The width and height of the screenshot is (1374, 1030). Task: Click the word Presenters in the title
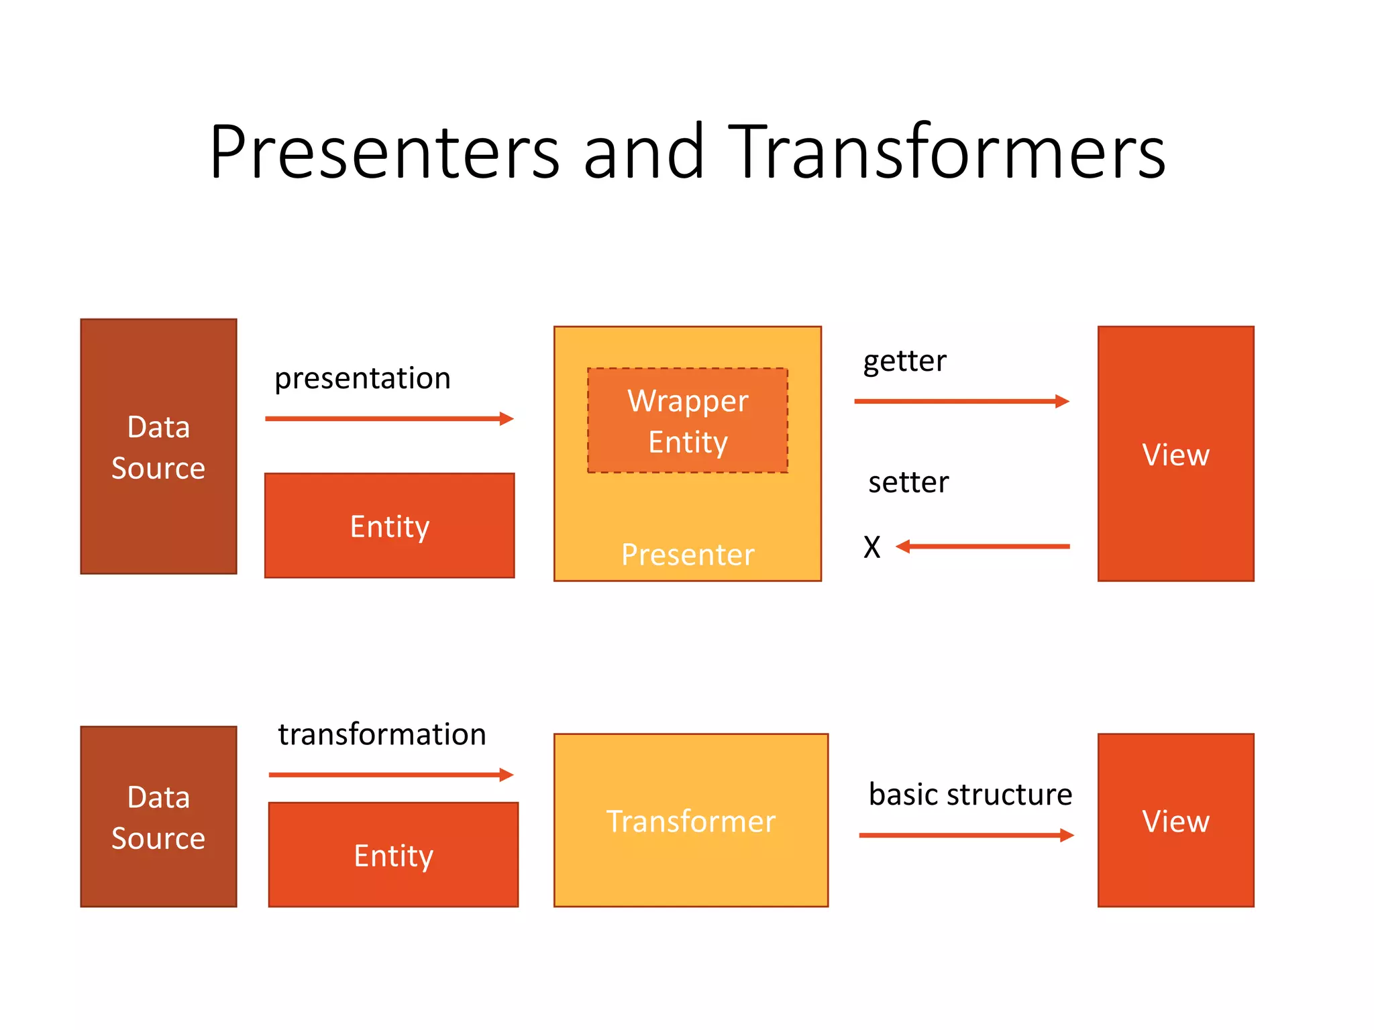pos(384,153)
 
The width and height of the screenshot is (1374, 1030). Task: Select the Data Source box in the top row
pos(158,447)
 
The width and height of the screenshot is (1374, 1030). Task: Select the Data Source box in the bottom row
pos(158,817)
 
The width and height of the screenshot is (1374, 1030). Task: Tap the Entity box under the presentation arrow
pos(390,526)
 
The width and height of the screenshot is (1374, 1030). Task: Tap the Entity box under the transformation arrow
pos(394,855)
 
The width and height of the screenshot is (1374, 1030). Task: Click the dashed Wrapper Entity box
pos(688,420)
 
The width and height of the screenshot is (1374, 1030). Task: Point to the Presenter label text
pos(688,555)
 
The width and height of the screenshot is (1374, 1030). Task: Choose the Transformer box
pos(691,821)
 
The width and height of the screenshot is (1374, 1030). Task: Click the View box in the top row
pos(1175,454)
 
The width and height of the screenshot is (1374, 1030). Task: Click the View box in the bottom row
pos(1175,821)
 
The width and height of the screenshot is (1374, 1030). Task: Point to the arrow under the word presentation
pos(389,418)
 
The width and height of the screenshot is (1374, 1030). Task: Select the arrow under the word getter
pos(961,401)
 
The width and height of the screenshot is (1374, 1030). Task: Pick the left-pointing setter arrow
pos(983,547)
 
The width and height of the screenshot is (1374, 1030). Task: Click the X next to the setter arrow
pos(871,547)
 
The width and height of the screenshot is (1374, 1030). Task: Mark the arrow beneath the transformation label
pos(391,775)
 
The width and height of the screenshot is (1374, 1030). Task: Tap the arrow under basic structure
pos(966,835)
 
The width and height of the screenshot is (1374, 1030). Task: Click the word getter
pos(904,361)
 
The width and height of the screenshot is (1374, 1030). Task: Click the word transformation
pos(382,734)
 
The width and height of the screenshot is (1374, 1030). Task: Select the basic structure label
pos(970,795)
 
